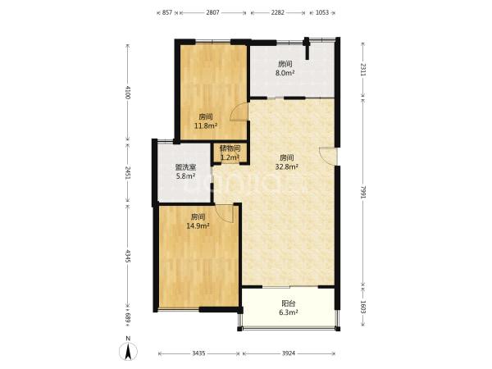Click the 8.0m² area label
point(285,73)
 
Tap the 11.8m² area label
point(206,126)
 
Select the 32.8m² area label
point(286,167)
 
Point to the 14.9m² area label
point(198,226)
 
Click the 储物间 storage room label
point(230,148)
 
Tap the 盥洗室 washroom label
point(185,167)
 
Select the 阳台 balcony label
point(289,303)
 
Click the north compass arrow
point(128,351)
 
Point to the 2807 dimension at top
point(212,12)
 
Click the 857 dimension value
point(167,12)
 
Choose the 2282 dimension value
point(278,12)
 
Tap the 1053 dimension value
point(322,12)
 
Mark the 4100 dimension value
point(127,92)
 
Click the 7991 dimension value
point(362,192)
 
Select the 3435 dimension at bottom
point(198,353)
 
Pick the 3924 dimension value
point(289,353)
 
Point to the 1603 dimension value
point(362,307)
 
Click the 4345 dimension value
point(127,256)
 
